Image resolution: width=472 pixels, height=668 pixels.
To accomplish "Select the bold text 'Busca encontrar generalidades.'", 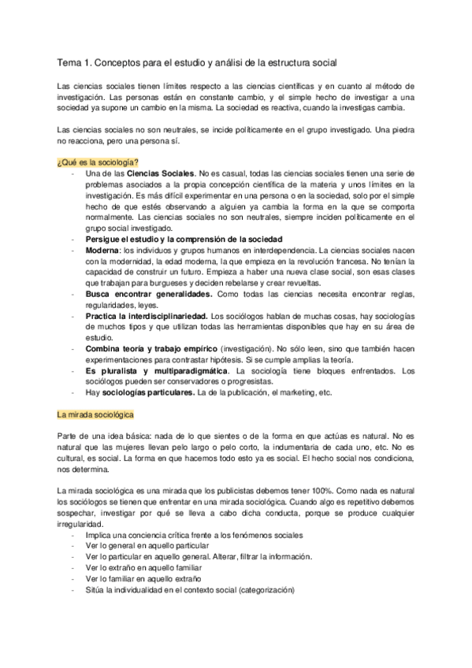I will pyautogui.click(x=149, y=293).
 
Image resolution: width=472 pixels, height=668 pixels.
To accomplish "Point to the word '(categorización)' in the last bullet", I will pyautogui.click(x=261, y=589).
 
